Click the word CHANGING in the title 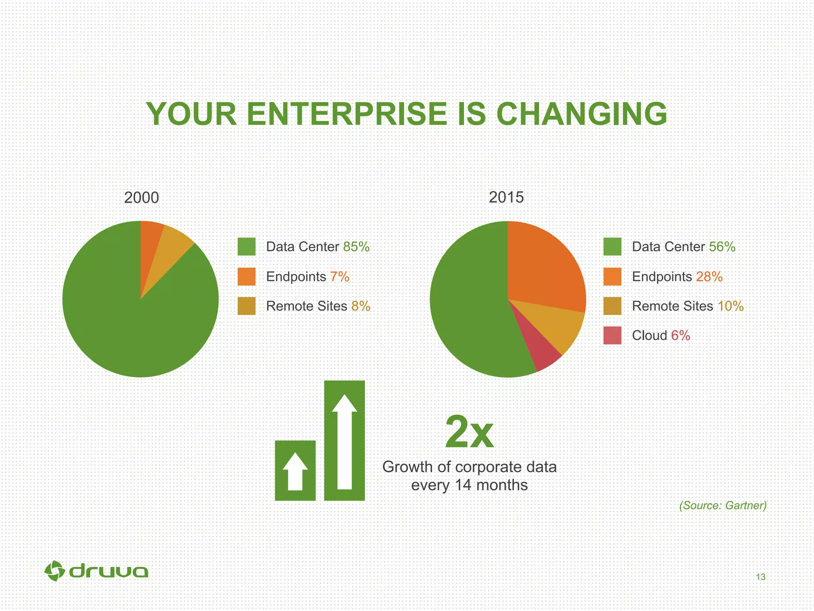click(x=581, y=115)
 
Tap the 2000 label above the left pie click(x=141, y=198)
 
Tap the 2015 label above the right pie click(x=506, y=198)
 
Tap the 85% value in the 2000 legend click(x=356, y=247)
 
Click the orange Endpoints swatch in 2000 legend click(x=246, y=276)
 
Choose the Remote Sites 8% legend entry click(x=318, y=306)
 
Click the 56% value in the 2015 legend click(x=722, y=247)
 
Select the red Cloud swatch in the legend click(x=612, y=335)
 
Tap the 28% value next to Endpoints click(x=709, y=276)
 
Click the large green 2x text click(x=469, y=432)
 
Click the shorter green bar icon click(x=295, y=470)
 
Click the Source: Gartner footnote click(x=723, y=506)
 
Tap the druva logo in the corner click(x=96, y=572)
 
